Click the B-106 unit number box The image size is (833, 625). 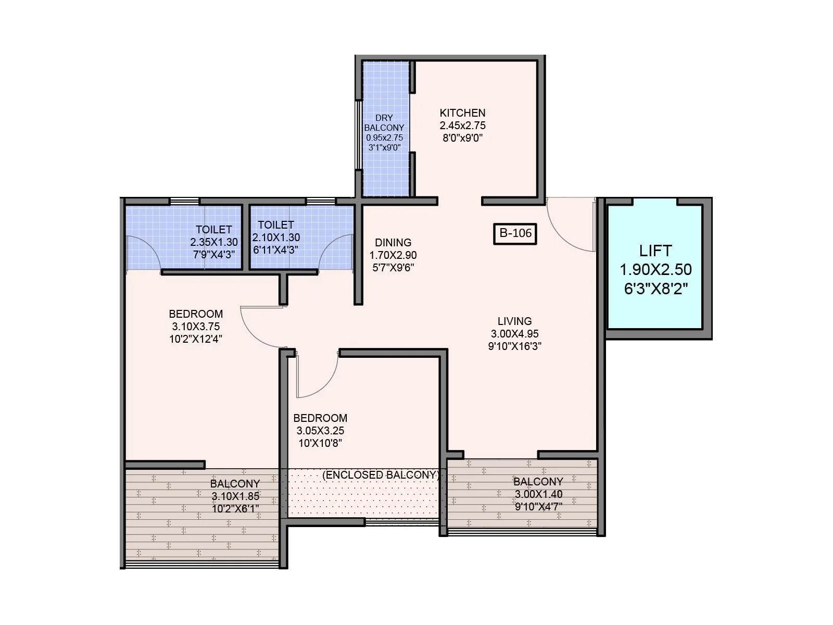point(515,233)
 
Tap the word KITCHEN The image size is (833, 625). point(462,113)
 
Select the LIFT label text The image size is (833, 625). point(655,251)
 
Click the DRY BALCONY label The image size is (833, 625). point(384,122)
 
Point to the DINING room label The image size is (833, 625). point(393,242)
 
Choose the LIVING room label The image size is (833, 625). point(514,321)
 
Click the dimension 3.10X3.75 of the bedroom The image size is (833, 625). point(196,327)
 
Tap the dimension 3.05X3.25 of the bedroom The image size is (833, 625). point(320,431)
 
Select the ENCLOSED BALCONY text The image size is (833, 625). point(381,475)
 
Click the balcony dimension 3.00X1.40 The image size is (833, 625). point(538,494)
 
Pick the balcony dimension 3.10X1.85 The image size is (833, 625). point(235,496)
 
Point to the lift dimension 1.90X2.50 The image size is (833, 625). point(655,269)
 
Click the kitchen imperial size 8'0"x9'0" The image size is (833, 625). point(462,138)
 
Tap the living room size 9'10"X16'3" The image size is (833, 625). point(514,346)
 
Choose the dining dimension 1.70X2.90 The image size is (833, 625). point(393,255)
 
